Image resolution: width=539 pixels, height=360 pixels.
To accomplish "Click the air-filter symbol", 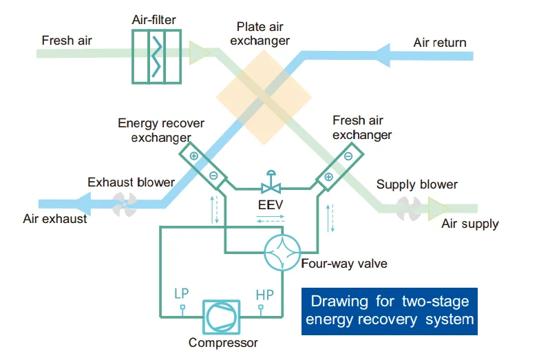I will [x=158, y=55].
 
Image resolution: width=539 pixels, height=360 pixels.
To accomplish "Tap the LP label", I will [x=181, y=294].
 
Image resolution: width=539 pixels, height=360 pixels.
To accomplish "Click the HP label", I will [x=264, y=294].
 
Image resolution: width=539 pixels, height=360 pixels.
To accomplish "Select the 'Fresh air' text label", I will [x=67, y=40].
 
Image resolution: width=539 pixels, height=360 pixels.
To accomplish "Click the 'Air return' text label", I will [x=439, y=43].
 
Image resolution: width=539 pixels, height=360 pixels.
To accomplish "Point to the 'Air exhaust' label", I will [x=56, y=219].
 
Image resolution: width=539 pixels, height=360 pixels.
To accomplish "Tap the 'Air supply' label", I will [x=470, y=224].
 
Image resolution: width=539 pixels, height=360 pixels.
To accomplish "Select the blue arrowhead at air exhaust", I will [x=85, y=202].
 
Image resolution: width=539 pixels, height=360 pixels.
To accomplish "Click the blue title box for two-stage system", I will [x=390, y=310].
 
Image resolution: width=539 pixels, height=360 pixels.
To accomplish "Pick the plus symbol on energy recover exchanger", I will [x=193, y=156].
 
